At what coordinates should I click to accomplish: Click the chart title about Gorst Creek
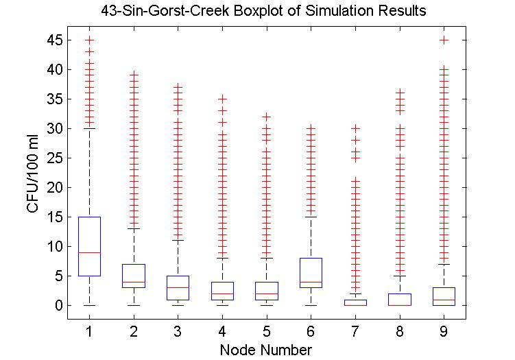261,11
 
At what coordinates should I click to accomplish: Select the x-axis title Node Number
265,350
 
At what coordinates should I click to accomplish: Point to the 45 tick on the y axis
56,40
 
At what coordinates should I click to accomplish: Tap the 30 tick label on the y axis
56,129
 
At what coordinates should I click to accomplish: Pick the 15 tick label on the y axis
56,217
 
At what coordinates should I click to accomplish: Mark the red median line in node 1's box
89,252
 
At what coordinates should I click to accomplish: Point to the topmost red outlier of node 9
444,40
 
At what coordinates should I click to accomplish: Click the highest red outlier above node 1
89,40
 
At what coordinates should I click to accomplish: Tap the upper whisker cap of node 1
89,129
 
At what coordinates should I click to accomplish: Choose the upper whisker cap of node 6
311,217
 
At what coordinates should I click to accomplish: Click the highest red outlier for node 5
266,117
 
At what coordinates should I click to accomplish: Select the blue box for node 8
399,299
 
